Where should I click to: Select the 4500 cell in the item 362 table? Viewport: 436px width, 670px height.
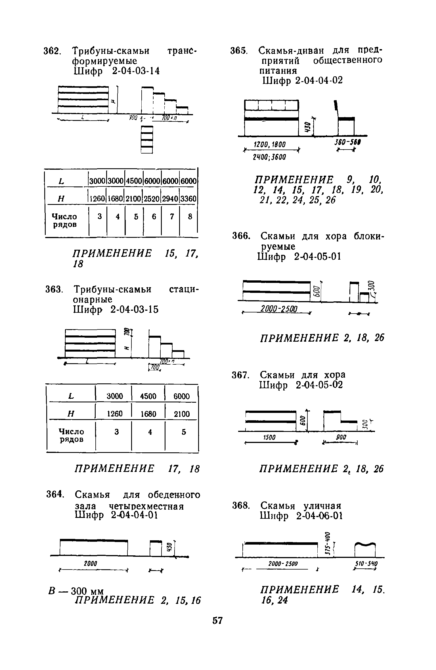pyautogui.click(x=134, y=181)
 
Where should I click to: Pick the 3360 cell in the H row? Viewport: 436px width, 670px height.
pyautogui.click(x=188, y=199)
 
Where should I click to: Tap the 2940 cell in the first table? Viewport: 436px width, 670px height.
pyautogui.click(x=170, y=199)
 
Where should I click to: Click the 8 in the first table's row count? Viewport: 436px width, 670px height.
pyautogui.click(x=190, y=217)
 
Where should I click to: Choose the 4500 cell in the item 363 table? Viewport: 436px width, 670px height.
pyautogui.click(x=148, y=396)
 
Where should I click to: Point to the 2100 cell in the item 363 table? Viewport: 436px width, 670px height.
pyautogui.click(x=182, y=414)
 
